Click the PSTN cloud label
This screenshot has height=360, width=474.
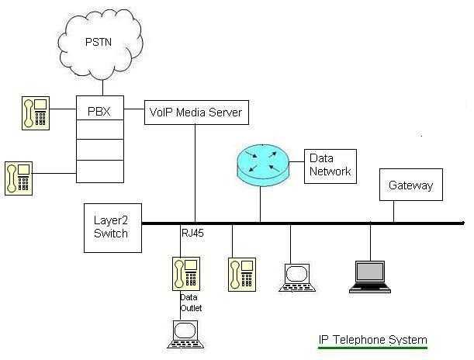coord(99,41)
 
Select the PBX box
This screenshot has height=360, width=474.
coord(99,111)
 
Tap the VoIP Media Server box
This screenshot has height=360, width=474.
coord(195,112)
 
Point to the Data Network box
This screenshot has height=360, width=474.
coord(330,165)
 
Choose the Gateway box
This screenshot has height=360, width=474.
coord(410,186)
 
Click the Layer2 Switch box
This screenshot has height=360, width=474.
coord(112,227)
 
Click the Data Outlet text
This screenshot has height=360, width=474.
coord(190,302)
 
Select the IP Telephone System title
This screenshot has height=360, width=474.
coord(372,340)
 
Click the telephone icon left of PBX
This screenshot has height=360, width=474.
coord(35,112)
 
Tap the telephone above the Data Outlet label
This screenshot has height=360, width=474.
coord(186,274)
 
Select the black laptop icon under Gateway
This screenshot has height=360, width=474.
coord(370,275)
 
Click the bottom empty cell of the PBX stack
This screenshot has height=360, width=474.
coord(99,170)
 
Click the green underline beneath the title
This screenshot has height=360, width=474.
coord(372,348)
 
